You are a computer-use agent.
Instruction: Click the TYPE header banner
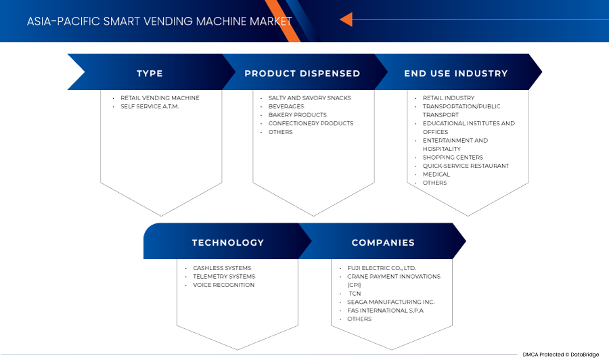coord(150,73)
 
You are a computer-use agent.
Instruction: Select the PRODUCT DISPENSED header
coord(302,73)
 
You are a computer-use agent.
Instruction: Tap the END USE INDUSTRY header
coord(455,73)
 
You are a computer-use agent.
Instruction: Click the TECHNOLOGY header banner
coord(227,242)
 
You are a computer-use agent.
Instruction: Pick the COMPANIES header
coord(383,242)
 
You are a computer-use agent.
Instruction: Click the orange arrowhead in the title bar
coord(346,20)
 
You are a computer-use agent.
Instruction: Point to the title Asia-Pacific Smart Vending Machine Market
coord(160,21)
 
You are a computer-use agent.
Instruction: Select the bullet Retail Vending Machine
coord(160,98)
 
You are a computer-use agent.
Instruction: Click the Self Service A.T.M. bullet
coord(150,106)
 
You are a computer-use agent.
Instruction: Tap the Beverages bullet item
coord(286,106)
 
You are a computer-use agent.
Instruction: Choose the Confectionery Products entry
coord(311,123)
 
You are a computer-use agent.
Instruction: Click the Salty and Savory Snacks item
coord(309,98)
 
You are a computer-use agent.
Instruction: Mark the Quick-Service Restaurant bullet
coord(466,166)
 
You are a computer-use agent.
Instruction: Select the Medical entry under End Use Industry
coord(436,174)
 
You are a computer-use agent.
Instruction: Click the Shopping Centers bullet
coord(453,157)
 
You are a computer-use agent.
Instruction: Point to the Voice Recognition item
coord(223,285)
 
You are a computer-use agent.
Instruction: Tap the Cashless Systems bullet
coord(222,268)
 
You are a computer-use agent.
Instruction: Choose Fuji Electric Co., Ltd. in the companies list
coord(381,268)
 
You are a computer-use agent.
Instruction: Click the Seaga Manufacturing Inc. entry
coord(390,302)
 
